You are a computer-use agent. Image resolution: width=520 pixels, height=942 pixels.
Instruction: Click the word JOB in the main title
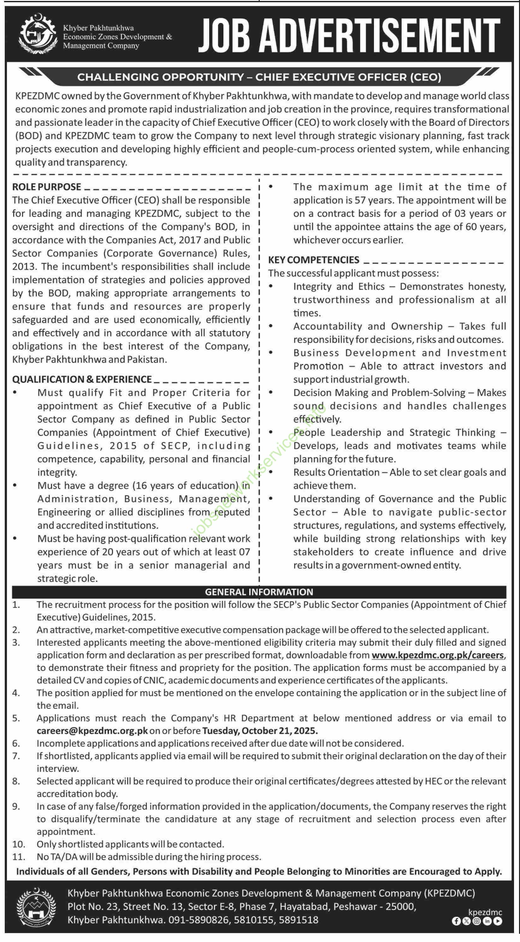(224, 35)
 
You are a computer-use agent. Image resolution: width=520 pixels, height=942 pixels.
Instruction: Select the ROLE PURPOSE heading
(46, 187)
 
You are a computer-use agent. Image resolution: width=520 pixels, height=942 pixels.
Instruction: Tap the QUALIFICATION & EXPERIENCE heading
(82, 379)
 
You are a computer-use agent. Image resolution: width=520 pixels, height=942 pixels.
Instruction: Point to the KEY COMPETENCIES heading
(313, 260)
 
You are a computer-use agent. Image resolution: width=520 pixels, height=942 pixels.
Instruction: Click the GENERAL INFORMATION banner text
(259, 592)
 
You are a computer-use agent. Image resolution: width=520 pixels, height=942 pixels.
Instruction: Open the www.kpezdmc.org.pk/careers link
(438, 655)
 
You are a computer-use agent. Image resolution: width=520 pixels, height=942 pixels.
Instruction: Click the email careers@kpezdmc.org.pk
(92, 731)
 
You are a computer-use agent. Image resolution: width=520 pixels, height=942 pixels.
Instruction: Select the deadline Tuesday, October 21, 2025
(260, 731)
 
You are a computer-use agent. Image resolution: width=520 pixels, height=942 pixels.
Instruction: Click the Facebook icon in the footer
(456, 921)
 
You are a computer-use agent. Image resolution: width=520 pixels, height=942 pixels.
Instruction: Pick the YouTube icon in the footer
(498, 921)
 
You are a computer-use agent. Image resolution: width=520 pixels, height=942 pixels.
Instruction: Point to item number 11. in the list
(18, 857)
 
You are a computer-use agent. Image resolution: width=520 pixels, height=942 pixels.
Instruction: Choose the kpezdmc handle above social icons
(485, 913)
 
